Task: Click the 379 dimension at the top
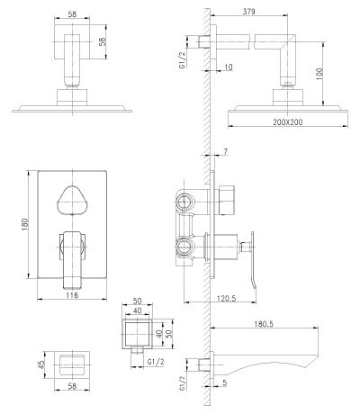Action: point(248,12)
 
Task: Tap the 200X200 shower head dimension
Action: point(288,122)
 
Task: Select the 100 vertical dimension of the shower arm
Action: point(319,74)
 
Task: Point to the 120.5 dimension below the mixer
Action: point(227,298)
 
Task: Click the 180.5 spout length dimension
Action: point(264,324)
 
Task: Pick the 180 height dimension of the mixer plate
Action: point(24,224)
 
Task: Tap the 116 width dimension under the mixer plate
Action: point(72,295)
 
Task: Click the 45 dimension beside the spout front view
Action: point(41,364)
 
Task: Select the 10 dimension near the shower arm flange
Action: point(229,67)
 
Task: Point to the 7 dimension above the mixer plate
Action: point(226,151)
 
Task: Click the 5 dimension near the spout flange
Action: point(225,382)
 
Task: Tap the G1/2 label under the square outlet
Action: point(156,362)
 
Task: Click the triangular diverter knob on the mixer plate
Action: point(72,201)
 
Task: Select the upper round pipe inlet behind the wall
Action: point(184,201)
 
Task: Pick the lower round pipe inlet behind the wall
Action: point(184,247)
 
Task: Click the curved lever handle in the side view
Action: point(253,259)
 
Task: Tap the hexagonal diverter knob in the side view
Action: point(227,200)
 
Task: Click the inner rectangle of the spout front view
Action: point(72,364)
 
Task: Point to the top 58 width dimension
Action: point(72,13)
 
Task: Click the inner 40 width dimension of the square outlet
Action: point(137,310)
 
